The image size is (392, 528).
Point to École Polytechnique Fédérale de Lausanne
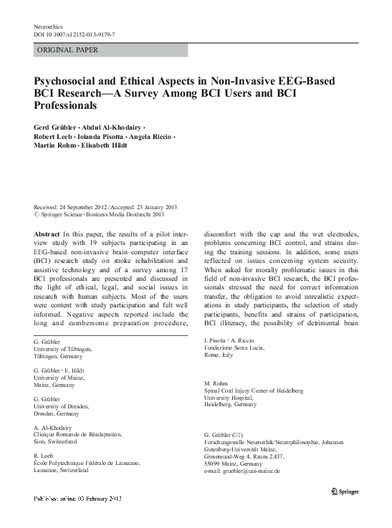[89, 463]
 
